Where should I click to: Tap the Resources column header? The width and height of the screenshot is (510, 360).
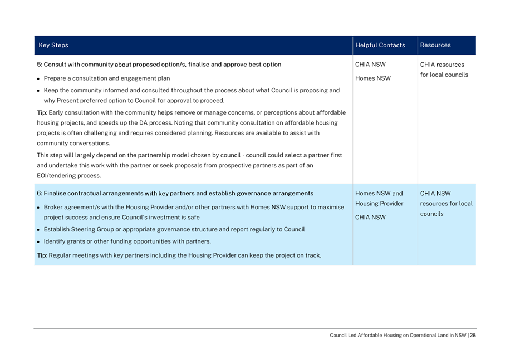point(435,45)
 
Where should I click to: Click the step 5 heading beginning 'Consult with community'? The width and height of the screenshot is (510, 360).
point(159,64)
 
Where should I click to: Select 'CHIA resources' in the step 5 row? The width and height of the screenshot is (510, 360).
point(442,64)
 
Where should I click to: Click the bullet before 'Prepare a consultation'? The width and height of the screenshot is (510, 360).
point(39,78)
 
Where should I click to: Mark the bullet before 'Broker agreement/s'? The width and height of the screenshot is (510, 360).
point(39,207)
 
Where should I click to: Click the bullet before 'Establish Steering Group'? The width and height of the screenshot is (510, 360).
point(39,229)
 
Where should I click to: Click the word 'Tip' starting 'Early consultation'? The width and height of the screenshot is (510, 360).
point(42,112)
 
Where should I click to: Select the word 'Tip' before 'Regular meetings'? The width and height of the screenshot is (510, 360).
point(42,255)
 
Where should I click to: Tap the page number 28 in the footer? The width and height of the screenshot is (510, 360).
point(472,335)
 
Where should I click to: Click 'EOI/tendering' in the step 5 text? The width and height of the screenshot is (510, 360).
point(56,176)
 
